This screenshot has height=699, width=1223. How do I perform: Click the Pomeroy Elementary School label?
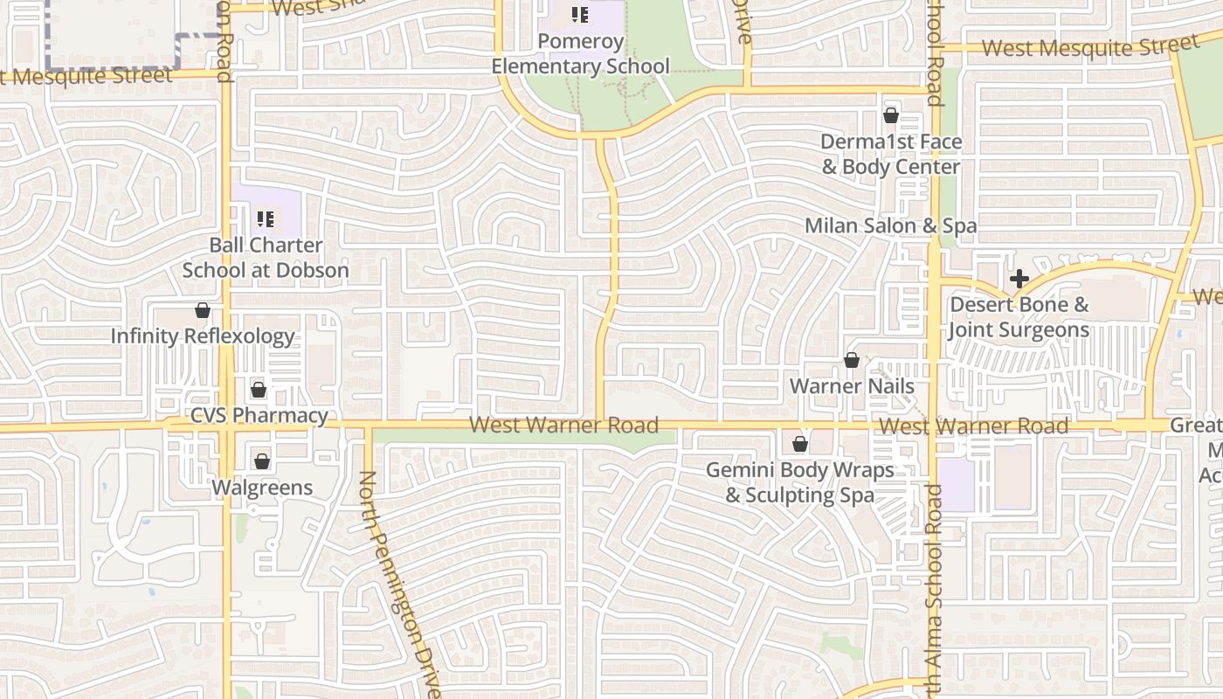point(580,54)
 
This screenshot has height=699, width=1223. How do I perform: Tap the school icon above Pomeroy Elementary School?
point(579,14)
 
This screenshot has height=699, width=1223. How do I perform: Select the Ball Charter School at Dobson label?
point(266,258)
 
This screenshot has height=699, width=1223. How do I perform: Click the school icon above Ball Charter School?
point(266,218)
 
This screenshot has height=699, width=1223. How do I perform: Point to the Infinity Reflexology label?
point(203,336)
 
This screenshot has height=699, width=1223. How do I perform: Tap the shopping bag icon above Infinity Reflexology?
point(203,310)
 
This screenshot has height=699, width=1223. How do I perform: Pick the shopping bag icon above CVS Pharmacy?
point(259,390)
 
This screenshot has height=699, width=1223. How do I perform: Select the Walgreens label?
point(262,488)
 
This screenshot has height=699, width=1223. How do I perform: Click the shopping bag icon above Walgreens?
point(262,461)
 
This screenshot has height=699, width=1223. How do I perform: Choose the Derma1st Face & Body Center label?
point(891,155)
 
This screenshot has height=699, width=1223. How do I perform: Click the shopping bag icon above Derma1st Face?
point(891,115)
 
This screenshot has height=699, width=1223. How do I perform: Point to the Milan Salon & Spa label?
point(890,226)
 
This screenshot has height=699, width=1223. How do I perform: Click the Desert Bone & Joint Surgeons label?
point(1019,317)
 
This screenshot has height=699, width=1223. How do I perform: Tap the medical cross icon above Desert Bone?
point(1019,280)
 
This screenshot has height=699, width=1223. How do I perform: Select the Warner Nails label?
point(852,386)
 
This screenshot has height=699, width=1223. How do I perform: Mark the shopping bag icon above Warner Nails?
point(852,360)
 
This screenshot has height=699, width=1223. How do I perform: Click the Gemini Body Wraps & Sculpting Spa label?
point(799,482)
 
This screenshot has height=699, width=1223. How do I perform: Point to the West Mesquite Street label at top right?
point(1089,46)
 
